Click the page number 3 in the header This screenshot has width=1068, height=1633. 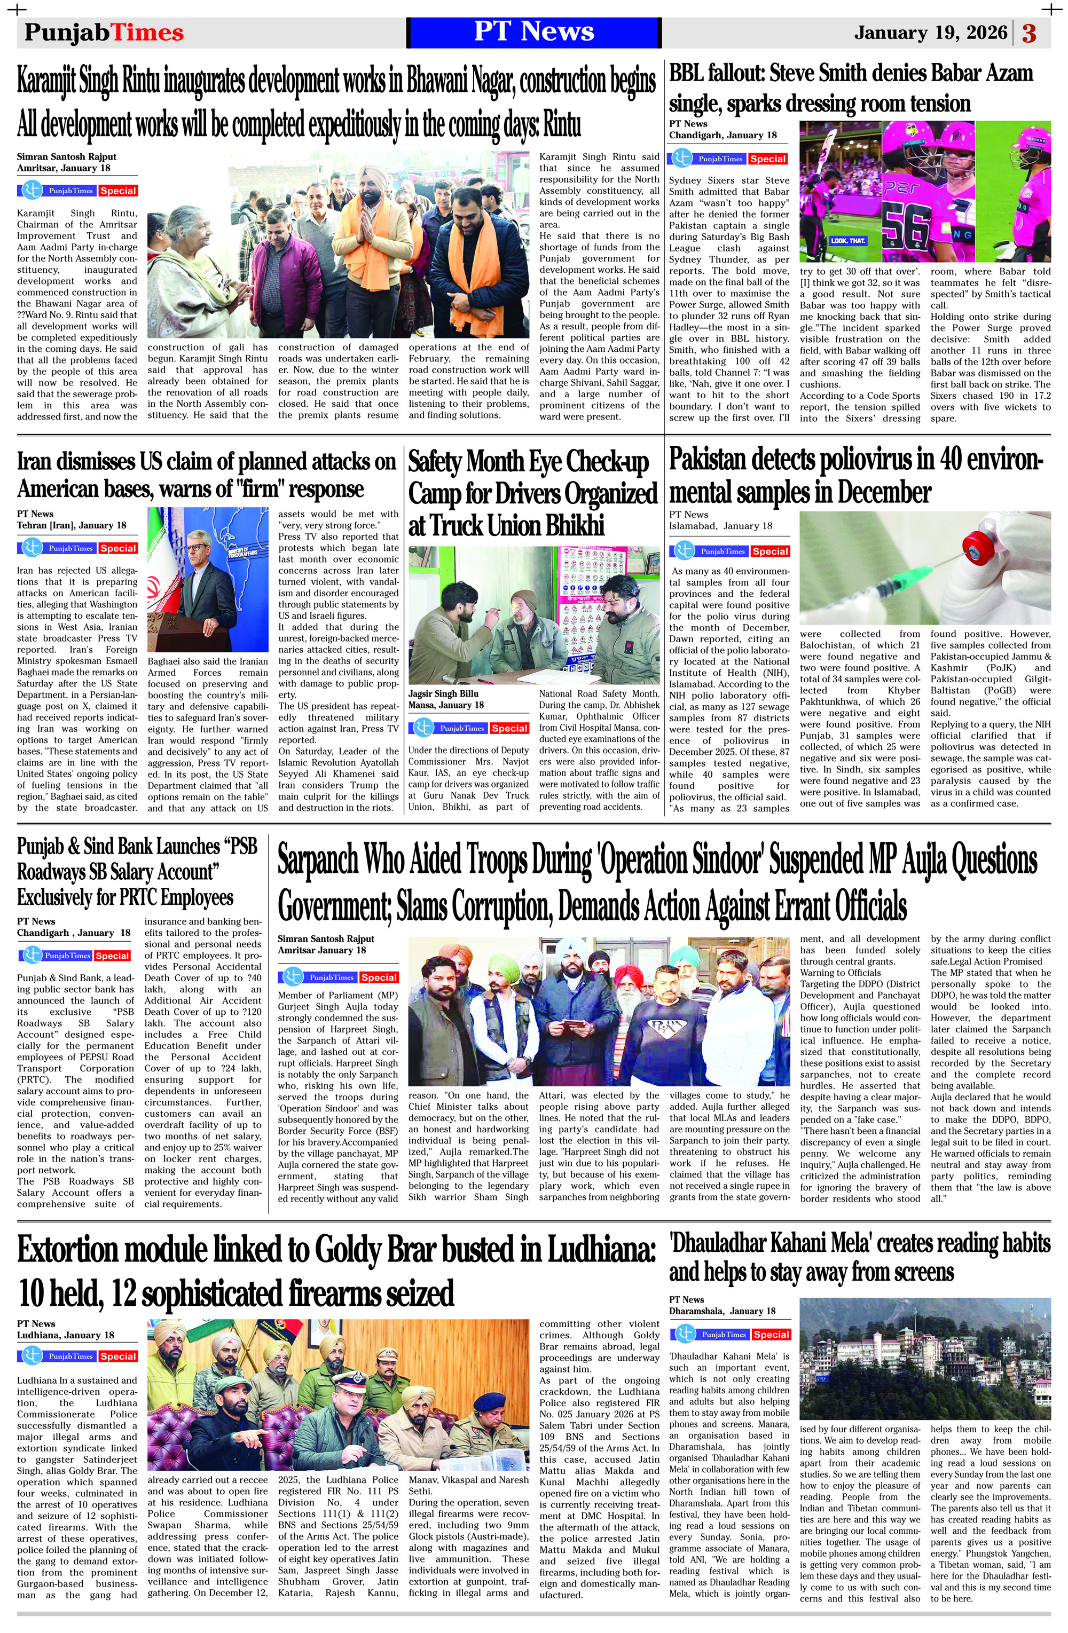tap(1029, 33)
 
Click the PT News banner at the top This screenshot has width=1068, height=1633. tap(533, 32)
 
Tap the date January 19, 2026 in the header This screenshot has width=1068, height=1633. tap(930, 33)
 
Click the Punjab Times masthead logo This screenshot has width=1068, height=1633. tap(104, 33)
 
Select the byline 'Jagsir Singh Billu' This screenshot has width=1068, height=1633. tap(443, 693)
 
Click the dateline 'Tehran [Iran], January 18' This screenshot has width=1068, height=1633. tap(72, 526)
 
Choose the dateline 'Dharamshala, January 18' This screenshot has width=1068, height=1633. tap(722, 1311)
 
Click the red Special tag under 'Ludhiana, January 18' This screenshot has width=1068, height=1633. tap(118, 1356)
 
